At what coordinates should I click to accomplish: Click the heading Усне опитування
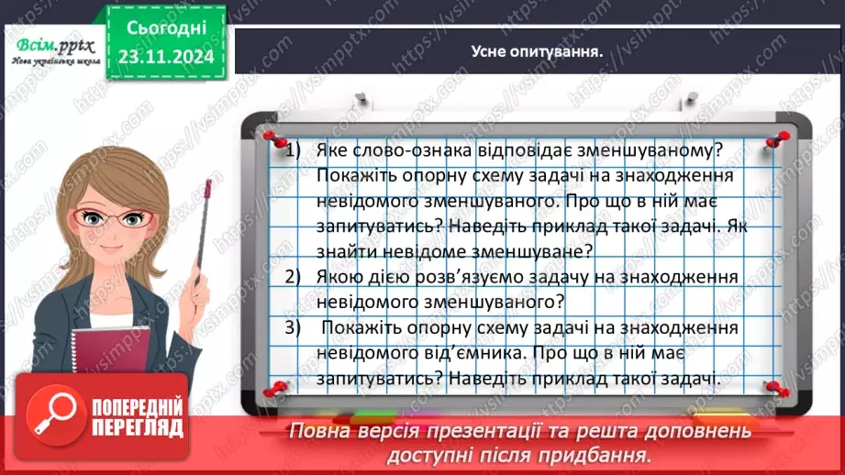536,51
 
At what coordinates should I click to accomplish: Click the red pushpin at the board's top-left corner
269,138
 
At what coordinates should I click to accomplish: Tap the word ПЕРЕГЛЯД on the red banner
137,428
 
